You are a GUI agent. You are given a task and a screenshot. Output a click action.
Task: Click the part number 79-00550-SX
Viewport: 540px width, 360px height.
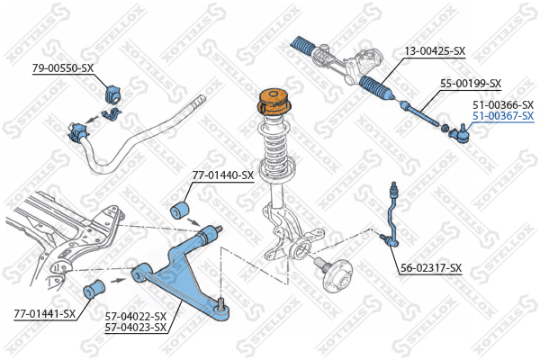click(63, 67)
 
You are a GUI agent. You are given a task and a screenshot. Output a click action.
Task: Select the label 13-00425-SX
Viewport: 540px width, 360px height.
click(435, 51)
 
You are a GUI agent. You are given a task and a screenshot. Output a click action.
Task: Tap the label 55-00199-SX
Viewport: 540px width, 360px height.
click(471, 84)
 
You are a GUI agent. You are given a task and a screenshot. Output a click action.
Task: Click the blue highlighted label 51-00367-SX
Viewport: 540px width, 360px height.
click(503, 116)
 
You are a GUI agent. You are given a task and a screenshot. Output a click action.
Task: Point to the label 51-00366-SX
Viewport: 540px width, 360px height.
click(503, 104)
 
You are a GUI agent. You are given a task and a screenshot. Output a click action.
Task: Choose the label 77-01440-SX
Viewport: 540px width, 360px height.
click(223, 175)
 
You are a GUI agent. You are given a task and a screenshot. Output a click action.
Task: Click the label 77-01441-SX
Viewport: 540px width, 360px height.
click(45, 314)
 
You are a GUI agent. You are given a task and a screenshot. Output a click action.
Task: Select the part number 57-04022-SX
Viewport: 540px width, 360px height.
click(136, 316)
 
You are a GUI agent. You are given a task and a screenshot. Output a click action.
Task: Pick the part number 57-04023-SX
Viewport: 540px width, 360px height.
click(136, 328)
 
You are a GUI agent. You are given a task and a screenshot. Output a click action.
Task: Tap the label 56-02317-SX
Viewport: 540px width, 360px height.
click(431, 267)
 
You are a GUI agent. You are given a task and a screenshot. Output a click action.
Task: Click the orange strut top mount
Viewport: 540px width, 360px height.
click(274, 102)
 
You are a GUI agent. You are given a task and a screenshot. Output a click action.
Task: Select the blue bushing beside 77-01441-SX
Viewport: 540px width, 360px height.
click(94, 290)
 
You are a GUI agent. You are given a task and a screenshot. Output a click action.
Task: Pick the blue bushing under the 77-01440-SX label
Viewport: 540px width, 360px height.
click(181, 210)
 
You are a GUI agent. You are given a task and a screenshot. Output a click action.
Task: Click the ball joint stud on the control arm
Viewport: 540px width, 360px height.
click(220, 304)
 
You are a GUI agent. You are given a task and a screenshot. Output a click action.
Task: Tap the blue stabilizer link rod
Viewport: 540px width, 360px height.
click(391, 216)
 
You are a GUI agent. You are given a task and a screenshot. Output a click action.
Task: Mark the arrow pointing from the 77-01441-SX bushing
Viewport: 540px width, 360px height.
click(118, 281)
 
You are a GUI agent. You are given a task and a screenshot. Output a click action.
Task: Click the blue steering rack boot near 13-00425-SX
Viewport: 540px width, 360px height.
click(376, 87)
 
